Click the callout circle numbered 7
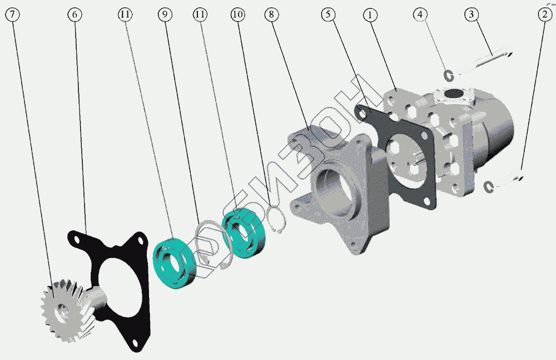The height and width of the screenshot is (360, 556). point(12,14)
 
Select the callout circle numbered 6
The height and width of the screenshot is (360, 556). point(75,14)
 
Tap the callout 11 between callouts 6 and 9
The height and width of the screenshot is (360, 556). point(125,14)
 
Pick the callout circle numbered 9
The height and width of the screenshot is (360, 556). point(165,14)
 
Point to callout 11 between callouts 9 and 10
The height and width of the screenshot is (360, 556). point(200,14)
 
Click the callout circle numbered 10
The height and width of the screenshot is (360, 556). point(237,14)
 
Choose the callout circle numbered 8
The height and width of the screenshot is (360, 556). point(272,14)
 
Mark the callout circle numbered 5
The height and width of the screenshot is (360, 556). point(328,14)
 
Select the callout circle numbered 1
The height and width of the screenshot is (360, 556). point(370,15)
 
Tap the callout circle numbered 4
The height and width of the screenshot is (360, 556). point(420,14)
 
